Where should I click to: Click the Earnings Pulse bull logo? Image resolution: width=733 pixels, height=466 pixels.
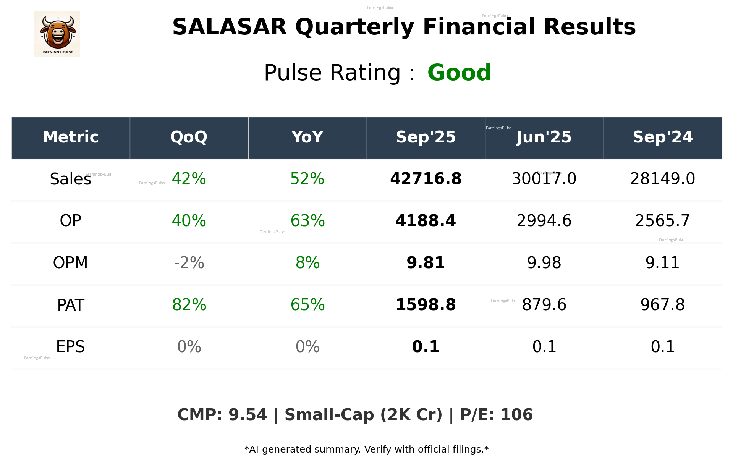[57, 34]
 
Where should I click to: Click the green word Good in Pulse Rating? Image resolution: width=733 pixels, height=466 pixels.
[459, 73]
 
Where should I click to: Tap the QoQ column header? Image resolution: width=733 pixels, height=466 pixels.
[189, 137]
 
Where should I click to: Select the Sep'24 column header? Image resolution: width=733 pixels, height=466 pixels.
[662, 137]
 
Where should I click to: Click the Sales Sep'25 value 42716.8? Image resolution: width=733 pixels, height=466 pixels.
[426, 179]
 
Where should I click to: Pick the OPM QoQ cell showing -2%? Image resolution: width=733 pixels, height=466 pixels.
[189, 263]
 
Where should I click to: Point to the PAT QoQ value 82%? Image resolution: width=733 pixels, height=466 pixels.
[189, 305]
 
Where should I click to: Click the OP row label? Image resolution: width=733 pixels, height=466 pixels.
[71, 221]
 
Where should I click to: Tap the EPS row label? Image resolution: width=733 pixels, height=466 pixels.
[71, 347]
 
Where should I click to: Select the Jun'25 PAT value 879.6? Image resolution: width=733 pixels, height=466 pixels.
[544, 305]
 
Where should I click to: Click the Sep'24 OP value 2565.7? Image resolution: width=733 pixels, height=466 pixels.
[662, 221]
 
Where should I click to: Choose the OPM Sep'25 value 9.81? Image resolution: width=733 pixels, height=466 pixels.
[426, 263]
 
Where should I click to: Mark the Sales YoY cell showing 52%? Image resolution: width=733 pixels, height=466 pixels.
[307, 179]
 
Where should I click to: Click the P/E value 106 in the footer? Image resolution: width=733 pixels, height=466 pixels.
[516, 415]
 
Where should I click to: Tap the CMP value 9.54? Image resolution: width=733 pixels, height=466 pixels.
[248, 415]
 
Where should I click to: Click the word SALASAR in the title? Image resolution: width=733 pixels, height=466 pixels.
[229, 27]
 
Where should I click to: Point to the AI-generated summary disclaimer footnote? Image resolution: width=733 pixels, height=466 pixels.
[366, 450]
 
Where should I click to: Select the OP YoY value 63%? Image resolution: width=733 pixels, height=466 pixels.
[307, 221]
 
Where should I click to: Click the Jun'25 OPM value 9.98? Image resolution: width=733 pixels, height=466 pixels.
[544, 263]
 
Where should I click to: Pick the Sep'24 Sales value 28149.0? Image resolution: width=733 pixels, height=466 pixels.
[662, 179]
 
